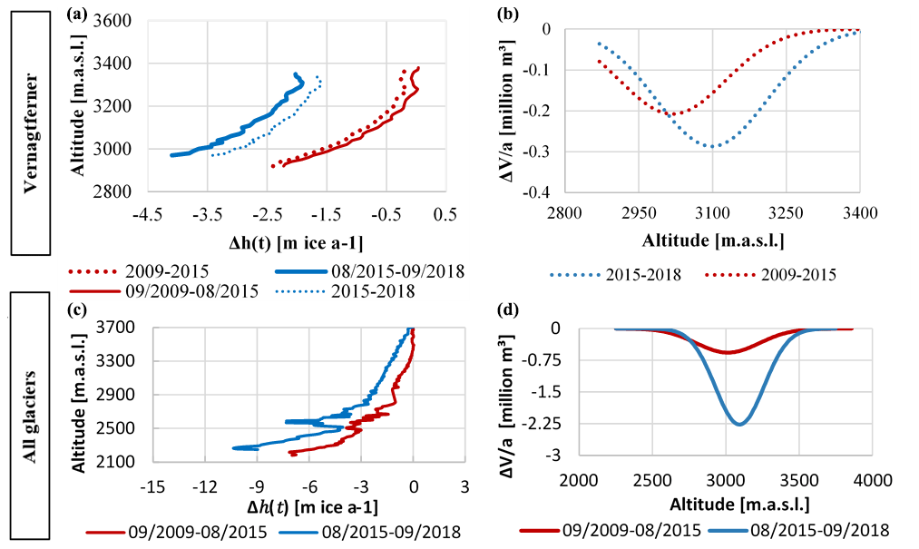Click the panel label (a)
click(78, 13)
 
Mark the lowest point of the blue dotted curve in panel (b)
click(715, 146)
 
